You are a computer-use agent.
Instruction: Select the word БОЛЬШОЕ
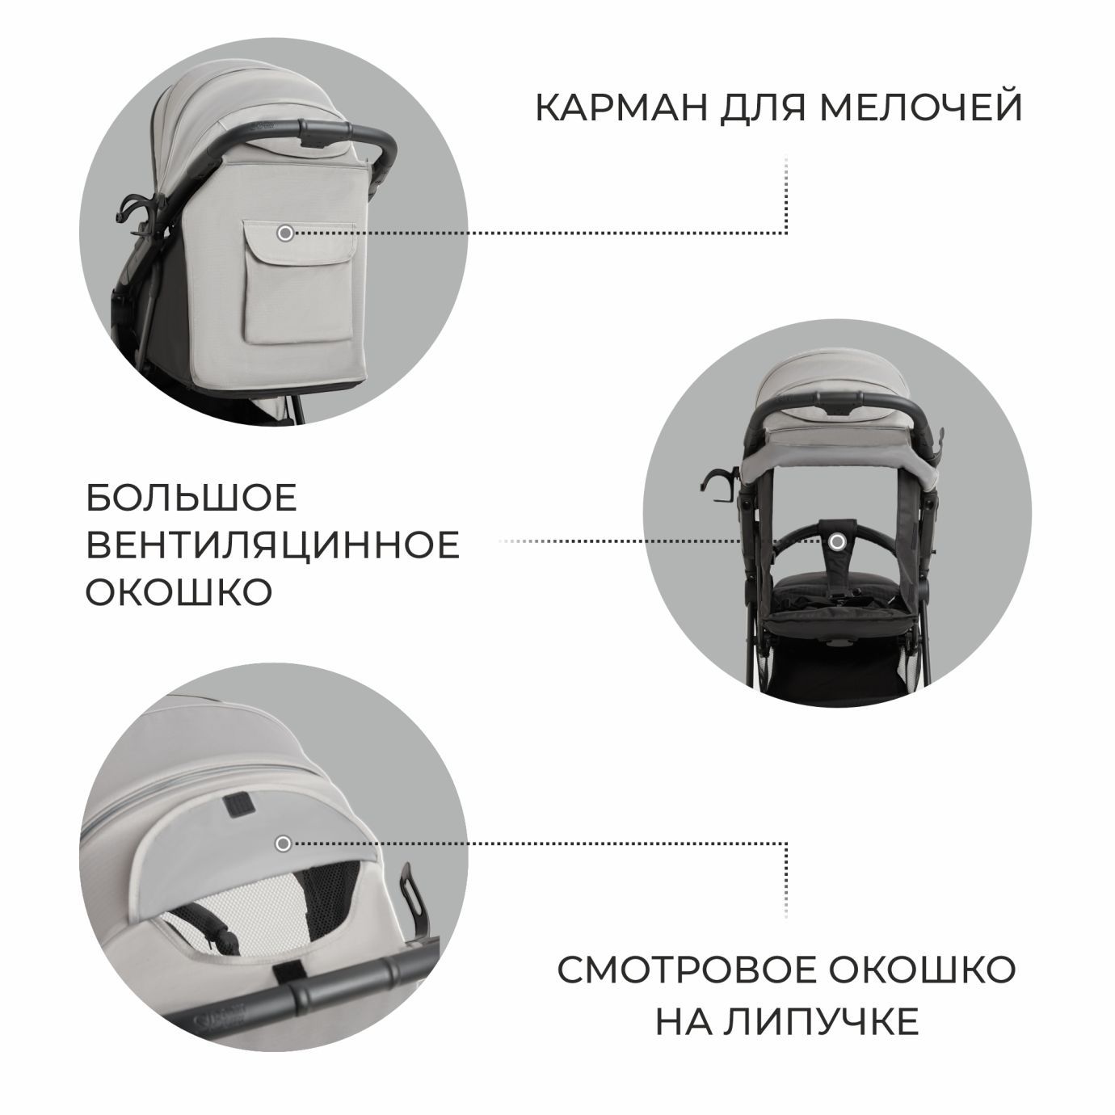coord(192,499)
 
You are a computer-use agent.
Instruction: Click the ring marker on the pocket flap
coord(284,234)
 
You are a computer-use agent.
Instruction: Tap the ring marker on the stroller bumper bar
coord(838,541)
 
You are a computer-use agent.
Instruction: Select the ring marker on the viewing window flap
coord(283,844)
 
